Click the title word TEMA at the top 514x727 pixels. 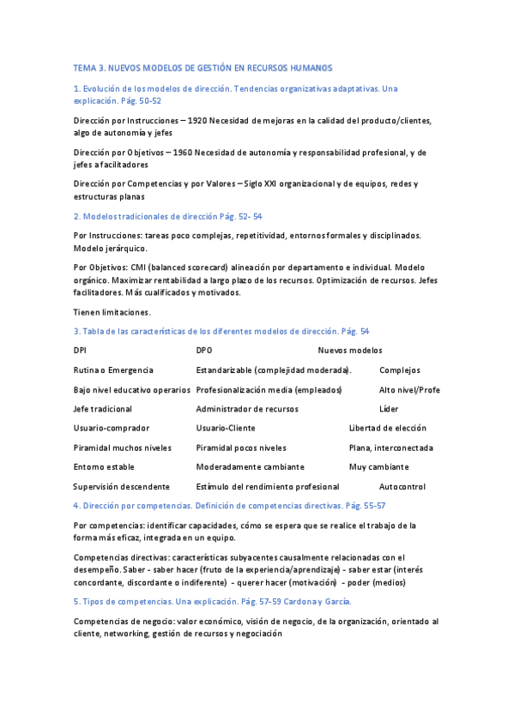click(x=85, y=68)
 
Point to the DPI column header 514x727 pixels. click(x=80, y=350)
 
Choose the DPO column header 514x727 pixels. click(x=204, y=350)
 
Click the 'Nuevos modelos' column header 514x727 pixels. click(x=350, y=350)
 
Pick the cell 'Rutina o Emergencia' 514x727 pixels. click(x=113, y=370)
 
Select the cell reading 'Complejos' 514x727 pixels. click(x=400, y=370)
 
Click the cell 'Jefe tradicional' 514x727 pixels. click(x=103, y=409)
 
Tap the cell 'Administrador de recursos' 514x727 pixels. click(x=247, y=409)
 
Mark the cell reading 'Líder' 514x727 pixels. click(x=389, y=409)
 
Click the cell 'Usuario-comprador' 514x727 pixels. click(x=112, y=428)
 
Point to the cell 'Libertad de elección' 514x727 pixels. click(x=387, y=428)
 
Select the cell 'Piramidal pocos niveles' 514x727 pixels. click(x=241, y=448)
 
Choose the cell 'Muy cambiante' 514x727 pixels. click(x=378, y=467)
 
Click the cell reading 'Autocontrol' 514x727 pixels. click(x=402, y=486)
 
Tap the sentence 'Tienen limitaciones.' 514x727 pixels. click(x=112, y=312)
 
